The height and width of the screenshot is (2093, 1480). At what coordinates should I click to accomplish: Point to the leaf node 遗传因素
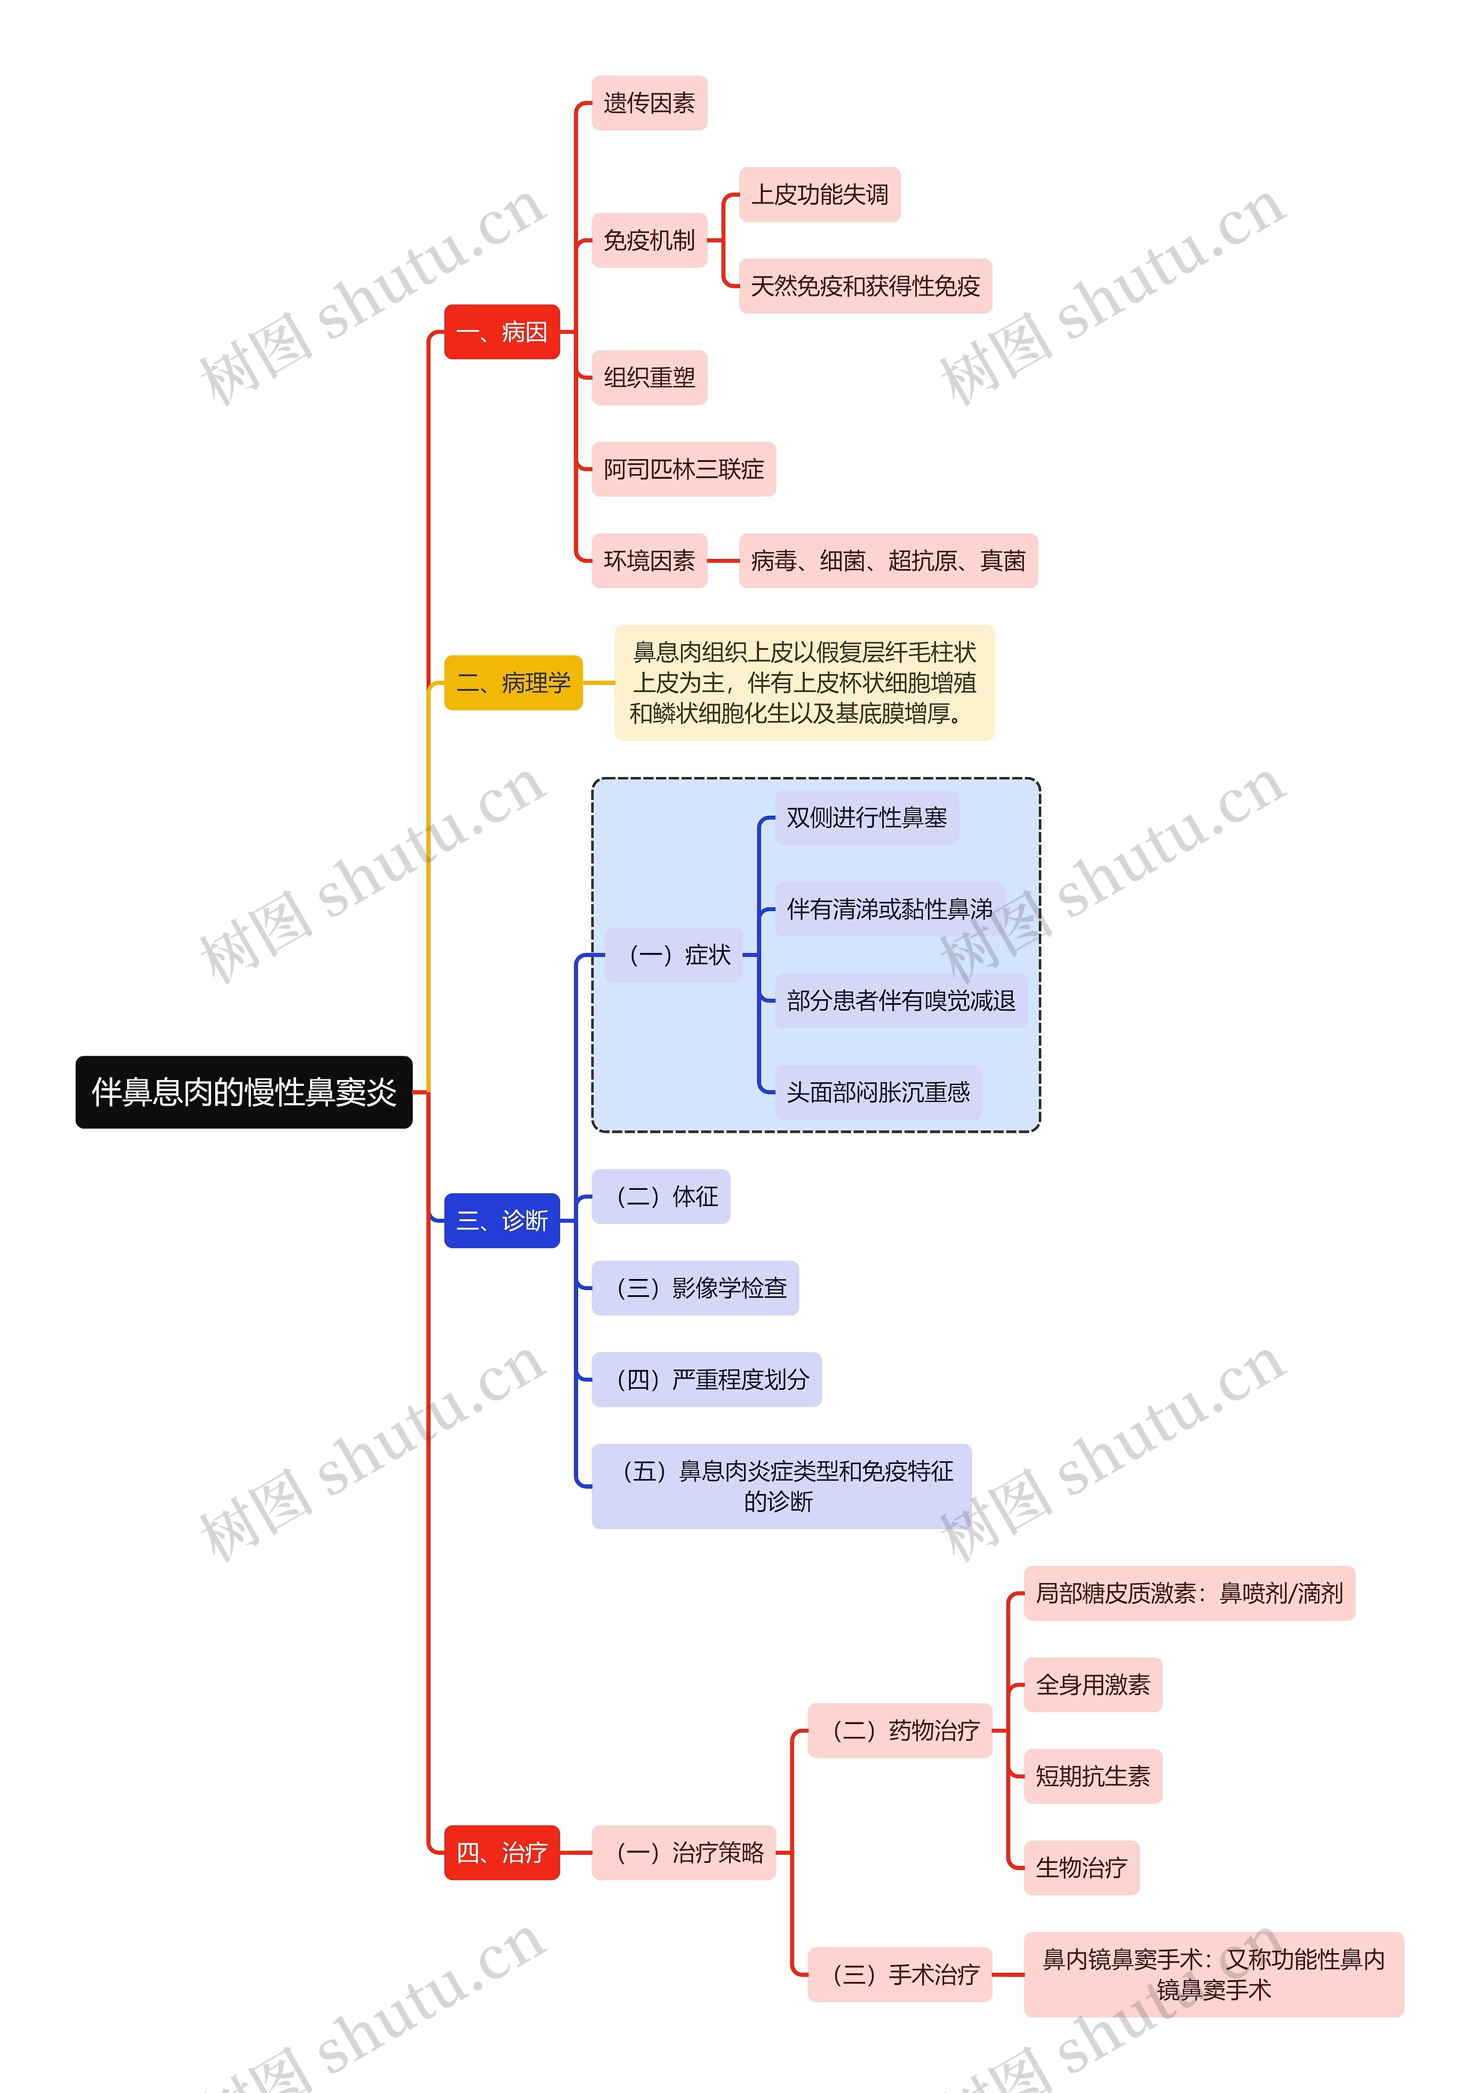(649, 103)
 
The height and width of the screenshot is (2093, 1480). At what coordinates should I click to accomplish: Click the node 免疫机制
(649, 241)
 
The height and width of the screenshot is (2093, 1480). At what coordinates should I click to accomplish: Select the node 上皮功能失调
(819, 194)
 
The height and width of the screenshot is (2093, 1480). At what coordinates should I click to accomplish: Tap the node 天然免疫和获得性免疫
(865, 286)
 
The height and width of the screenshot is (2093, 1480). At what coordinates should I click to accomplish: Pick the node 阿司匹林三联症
(683, 469)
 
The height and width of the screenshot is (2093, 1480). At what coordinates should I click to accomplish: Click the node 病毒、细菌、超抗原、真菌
(887, 561)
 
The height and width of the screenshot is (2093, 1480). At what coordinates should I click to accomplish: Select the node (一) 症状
(674, 955)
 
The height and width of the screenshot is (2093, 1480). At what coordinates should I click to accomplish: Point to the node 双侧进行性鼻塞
(866, 818)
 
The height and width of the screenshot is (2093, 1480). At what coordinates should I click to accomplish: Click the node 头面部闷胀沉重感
(878, 1092)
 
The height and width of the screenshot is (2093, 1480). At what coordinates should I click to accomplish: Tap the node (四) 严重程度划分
(706, 1379)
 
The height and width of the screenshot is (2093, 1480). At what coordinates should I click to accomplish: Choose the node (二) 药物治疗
(900, 1730)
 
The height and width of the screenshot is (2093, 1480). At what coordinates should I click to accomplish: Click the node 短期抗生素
(1093, 1776)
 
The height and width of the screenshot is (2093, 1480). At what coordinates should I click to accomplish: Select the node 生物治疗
(1081, 1868)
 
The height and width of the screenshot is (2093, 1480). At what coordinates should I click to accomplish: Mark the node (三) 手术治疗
(900, 1974)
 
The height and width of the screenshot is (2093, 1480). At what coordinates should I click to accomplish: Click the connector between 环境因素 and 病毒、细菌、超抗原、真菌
(723, 561)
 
